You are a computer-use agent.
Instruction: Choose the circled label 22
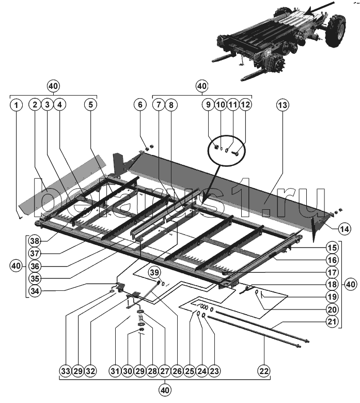264,371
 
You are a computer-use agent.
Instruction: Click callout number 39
154,273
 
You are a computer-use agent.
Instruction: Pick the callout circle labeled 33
65,371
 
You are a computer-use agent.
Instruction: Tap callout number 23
214,371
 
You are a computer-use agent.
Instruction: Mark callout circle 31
115,371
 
